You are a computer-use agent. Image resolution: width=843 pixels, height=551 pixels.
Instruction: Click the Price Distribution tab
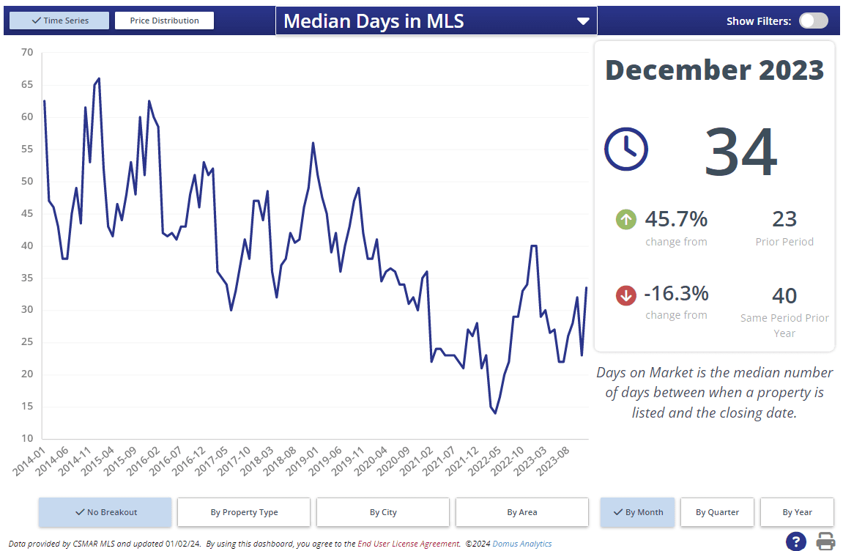coord(164,21)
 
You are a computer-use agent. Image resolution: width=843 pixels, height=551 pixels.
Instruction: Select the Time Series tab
coord(60,21)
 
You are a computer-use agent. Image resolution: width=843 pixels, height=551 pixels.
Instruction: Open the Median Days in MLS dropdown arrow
coord(583,21)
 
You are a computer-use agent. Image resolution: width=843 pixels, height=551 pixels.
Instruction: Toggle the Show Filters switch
coord(813,21)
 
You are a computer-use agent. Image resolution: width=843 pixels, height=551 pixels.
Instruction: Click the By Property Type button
coord(244,512)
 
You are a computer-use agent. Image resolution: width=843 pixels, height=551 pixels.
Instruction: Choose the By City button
coord(383,512)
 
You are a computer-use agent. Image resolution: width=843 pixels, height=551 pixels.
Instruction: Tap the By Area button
coord(522,512)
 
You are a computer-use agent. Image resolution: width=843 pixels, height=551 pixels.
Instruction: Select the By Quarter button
coord(717,512)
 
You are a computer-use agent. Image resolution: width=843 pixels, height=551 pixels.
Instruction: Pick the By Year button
coord(797,512)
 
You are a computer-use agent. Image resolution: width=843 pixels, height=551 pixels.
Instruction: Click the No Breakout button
coord(105,512)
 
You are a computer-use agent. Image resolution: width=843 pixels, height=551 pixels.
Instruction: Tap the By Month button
coord(636,512)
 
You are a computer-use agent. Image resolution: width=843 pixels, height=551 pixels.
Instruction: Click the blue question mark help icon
coord(795,541)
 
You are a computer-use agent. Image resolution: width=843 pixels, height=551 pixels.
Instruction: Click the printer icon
coord(826,541)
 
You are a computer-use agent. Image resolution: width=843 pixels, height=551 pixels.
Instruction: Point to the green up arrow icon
coord(626,219)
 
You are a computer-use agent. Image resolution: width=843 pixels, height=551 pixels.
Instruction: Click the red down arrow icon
coord(626,295)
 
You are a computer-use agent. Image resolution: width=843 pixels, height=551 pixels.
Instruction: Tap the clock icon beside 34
coord(625,149)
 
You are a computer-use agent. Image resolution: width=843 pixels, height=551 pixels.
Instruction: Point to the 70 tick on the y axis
coord(27,52)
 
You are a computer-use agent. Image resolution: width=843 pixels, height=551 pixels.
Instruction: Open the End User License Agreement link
coord(408,544)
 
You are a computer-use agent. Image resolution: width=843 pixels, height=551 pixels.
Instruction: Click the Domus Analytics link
coord(522,544)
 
